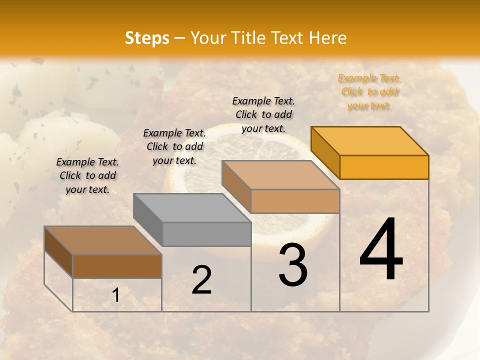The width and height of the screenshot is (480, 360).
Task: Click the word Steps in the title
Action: coord(147,38)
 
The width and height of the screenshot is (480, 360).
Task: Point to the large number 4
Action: coord(381,250)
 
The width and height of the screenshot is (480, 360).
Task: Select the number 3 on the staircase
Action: coord(292,265)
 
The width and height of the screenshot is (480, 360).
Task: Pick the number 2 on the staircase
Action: coord(201,280)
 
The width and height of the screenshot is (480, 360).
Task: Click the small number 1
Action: coord(115,295)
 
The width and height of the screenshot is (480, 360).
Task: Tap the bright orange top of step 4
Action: coord(370,140)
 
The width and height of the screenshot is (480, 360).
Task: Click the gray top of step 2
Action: coord(192,208)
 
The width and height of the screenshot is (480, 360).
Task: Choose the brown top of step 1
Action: coord(103,240)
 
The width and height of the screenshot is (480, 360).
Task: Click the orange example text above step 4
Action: coord(369,92)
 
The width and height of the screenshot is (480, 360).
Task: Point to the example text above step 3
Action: coord(263,114)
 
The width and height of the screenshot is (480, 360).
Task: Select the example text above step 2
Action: coord(174,146)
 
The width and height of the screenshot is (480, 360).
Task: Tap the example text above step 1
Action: coord(87,175)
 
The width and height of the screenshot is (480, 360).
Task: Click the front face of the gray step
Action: coord(207,234)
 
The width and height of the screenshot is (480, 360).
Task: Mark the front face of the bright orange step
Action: coord(384,167)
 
